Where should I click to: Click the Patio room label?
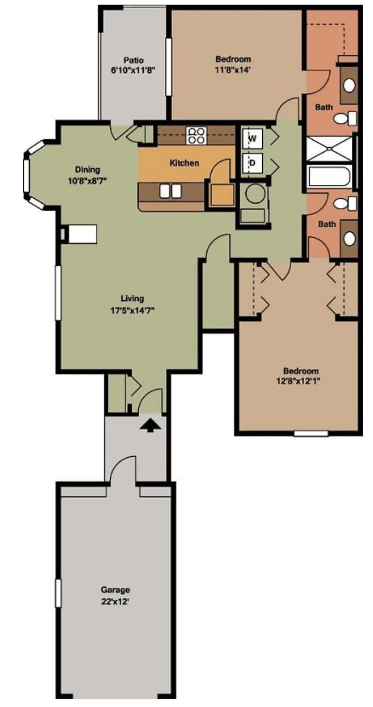tap(133, 60)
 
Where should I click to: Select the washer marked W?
tap(252, 138)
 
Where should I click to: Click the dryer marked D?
tap(252, 163)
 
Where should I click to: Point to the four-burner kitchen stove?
tap(196, 136)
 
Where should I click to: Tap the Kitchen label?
tap(184, 163)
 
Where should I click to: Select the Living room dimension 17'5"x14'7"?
tap(132, 310)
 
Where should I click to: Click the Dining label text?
tap(87, 169)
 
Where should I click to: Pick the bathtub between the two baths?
tap(330, 176)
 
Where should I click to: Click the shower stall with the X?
tap(329, 149)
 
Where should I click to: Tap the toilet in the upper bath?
tap(345, 118)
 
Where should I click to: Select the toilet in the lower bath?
tap(345, 203)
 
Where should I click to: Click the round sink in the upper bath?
tap(349, 85)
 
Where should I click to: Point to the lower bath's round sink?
tap(350, 238)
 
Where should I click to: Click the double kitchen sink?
tap(171, 191)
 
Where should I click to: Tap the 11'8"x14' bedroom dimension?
tap(233, 70)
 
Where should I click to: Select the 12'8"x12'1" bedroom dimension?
tap(298, 381)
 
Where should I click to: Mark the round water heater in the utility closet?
tap(255, 194)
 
